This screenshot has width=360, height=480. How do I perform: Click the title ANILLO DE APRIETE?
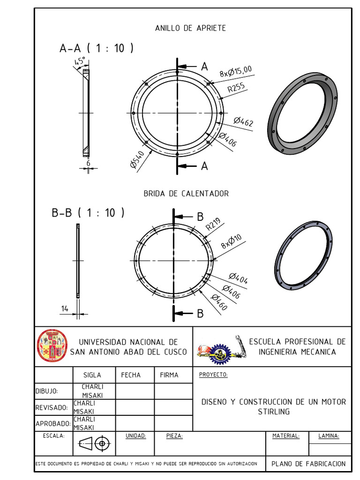coord(190,28)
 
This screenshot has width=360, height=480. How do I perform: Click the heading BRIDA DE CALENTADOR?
coord(186,193)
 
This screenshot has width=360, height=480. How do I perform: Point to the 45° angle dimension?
coord(79,62)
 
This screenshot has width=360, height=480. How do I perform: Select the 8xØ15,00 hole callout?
coord(236,71)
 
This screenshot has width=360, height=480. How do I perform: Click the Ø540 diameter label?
coord(137,159)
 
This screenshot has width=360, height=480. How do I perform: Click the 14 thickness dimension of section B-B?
coord(65,308)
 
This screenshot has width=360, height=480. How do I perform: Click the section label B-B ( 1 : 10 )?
coord(88,213)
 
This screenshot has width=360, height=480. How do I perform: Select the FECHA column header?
coord(131,375)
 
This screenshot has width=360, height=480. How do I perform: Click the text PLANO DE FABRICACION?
coord(308,464)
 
